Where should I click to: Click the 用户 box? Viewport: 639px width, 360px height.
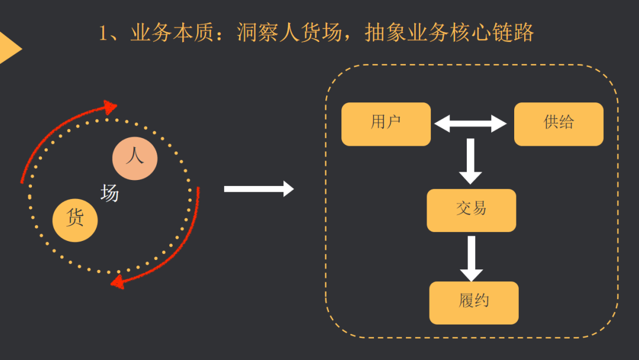coord(386,124)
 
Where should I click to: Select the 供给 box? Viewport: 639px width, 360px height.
coord(559,124)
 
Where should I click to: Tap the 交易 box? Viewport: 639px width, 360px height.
coord(471,210)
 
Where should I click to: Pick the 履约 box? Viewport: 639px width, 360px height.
coord(473,303)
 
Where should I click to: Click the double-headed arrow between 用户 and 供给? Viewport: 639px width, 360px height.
coord(470,124)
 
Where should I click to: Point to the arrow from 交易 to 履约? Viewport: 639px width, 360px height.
coord(472,258)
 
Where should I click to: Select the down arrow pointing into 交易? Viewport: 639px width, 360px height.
coord(470,161)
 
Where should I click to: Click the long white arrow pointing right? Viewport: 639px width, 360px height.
coord(259,189)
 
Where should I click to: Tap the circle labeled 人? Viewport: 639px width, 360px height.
coord(135,158)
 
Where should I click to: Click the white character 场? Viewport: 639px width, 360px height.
coord(109,193)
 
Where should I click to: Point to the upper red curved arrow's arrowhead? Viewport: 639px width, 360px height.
coord(109,108)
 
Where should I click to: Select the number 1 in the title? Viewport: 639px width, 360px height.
coord(104,34)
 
